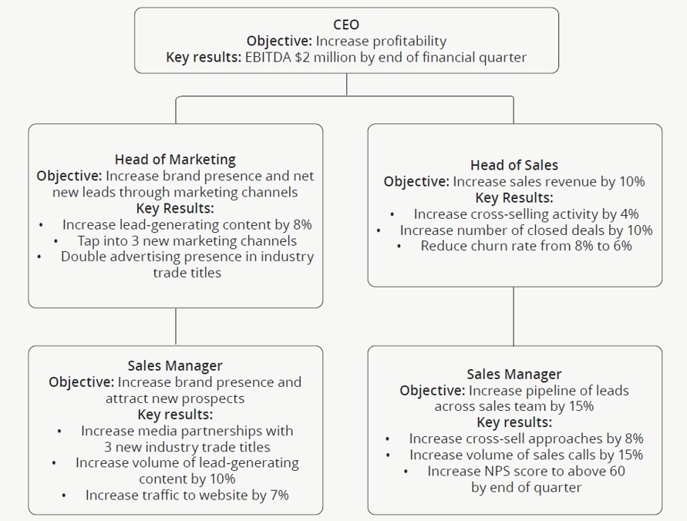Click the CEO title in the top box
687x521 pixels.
346,25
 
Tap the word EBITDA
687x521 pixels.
267,57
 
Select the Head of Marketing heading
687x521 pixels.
175,160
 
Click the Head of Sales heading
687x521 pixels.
514,165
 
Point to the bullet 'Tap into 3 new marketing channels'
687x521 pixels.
187,240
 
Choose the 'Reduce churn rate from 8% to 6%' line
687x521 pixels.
526,246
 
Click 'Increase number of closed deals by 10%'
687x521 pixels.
526,230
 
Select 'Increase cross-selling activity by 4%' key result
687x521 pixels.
526,213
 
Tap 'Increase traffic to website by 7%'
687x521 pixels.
187,495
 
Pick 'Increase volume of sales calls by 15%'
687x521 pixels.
526,455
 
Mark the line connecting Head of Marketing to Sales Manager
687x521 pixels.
176,327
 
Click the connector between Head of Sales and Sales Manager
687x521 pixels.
514,316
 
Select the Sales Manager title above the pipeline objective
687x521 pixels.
514,375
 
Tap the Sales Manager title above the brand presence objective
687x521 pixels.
175,365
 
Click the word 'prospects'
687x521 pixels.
215,398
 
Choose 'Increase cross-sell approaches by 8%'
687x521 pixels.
526,439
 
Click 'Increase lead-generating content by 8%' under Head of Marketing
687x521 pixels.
187,224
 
